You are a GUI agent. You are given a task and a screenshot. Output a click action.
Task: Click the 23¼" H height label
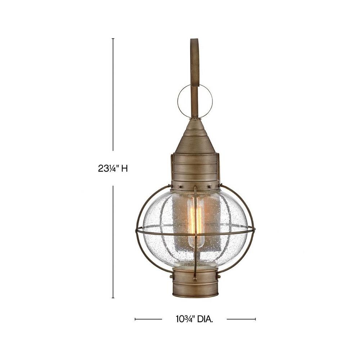coord(112,169)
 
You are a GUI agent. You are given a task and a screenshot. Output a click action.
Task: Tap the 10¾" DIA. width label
coord(194,319)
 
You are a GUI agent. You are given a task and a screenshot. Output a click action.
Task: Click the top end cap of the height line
coord(113,39)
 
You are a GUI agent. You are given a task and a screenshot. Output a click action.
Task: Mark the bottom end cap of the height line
coord(113,298)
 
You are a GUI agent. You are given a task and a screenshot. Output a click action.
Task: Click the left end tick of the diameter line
coord(135,319)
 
